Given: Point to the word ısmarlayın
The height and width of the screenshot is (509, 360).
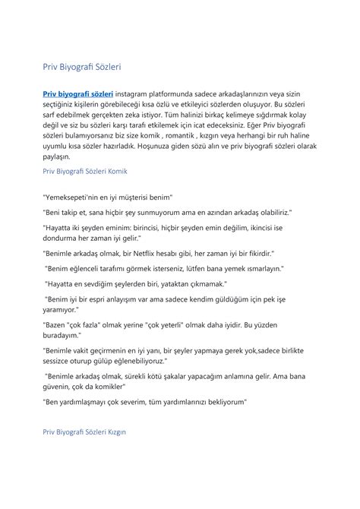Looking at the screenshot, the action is (259, 267).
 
